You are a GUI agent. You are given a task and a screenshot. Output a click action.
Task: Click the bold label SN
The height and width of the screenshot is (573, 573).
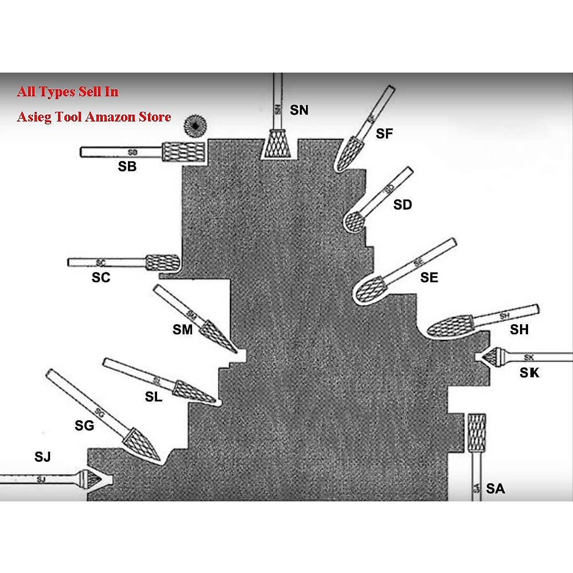coord(299,110)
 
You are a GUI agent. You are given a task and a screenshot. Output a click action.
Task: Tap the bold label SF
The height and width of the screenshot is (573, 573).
coord(384,134)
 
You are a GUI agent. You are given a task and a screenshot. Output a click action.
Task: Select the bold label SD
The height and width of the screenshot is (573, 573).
coord(403,205)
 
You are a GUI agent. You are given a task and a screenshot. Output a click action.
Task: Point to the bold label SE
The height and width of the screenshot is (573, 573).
coord(429,277)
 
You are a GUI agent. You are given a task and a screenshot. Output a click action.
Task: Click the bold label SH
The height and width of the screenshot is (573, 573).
coord(519,329)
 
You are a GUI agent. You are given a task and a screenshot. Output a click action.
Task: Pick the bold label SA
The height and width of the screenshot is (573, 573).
coord(495,488)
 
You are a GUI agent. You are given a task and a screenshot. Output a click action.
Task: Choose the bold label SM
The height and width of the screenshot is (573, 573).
coord(182,329)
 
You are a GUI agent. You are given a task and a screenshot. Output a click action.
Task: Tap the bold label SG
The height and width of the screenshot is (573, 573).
coord(85,425)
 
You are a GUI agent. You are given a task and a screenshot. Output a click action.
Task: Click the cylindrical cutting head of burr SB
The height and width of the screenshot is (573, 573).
coord(183,152)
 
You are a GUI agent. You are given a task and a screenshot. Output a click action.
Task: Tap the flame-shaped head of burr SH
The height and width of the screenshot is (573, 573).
coord(448,327)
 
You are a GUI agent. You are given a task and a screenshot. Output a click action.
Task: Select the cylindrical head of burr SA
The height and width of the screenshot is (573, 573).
coord(476,432)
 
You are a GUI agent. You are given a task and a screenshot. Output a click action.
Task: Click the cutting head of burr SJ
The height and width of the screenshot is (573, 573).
coord(91,477)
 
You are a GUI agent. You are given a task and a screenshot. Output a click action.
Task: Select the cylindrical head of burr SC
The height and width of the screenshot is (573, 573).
coord(162,262)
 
